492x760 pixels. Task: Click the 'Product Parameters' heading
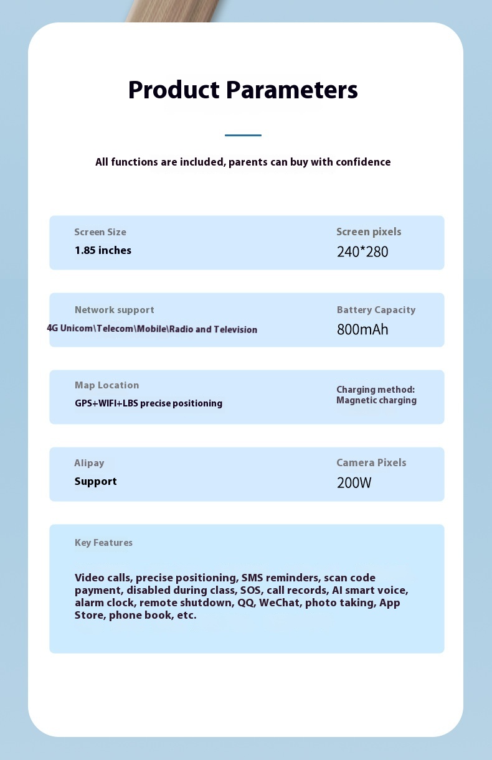click(243, 90)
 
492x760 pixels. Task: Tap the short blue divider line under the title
click(243, 135)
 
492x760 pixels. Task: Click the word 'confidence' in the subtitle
click(363, 162)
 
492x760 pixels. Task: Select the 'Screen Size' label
click(100, 232)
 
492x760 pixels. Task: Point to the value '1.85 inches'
click(103, 251)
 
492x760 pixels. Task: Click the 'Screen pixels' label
click(369, 232)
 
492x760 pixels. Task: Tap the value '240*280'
click(362, 252)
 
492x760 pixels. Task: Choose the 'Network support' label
click(115, 310)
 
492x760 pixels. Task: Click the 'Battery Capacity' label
click(376, 310)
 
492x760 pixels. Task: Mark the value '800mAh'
click(362, 330)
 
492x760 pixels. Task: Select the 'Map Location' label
click(107, 385)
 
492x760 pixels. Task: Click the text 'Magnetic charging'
click(376, 401)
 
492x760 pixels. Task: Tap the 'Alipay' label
click(89, 463)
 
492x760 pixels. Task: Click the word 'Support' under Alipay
click(96, 481)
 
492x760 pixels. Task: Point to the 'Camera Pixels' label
click(371, 463)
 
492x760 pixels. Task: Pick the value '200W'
click(354, 483)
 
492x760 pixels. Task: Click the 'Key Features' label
click(103, 543)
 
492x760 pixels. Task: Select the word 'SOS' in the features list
click(250, 591)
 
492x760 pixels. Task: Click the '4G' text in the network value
click(52, 328)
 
